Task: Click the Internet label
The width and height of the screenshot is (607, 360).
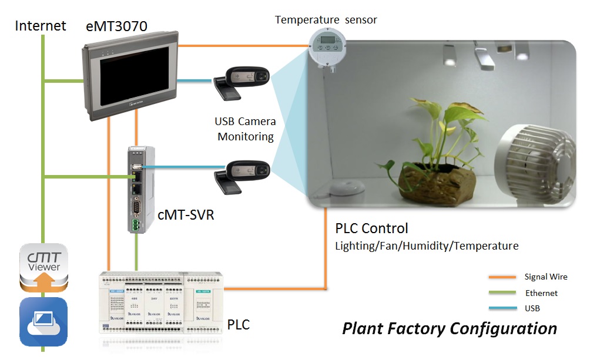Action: point(40,26)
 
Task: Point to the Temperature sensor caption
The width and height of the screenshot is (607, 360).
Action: point(326,20)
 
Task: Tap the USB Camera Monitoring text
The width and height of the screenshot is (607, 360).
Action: point(246,129)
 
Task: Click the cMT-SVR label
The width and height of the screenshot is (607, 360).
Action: point(186,215)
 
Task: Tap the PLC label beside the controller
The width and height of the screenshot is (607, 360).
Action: point(238,324)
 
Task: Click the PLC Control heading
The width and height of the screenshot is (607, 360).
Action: point(371,228)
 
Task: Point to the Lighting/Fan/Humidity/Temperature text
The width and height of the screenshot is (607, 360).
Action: point(427,246)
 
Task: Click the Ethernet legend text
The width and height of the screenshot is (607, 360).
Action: point(541,292)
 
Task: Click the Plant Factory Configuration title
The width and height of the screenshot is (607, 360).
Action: point(450,328)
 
